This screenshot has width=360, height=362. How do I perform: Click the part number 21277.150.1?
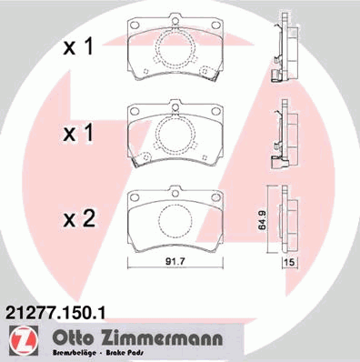(x=55, y=312)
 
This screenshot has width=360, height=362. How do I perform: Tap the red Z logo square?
(x=24, y=341)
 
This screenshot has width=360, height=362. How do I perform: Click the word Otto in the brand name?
(x=73, y=337)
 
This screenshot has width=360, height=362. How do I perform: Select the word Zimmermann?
(x=161, y=337)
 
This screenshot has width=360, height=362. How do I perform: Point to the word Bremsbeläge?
(x=75, y=353)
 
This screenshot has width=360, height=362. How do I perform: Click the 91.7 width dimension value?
(x=175, y=261)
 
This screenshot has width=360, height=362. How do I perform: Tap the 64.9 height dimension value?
(x=263, y=220)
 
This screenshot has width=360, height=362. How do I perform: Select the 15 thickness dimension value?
(x=290, y=263)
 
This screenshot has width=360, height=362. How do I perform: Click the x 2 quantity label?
(x=79, y=219)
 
